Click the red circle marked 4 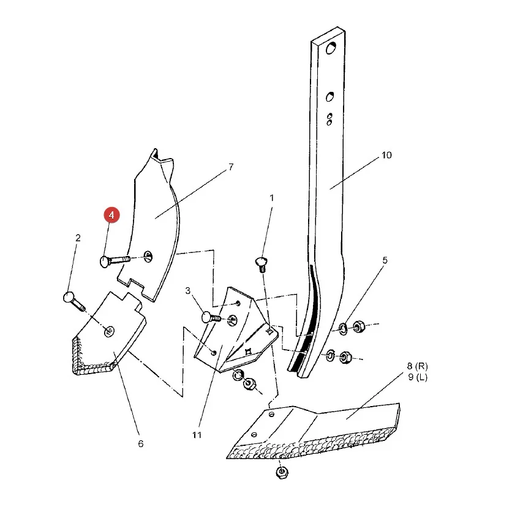point(111,215)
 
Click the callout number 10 point(386,155)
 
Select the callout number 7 point(231,167)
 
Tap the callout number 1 point(272,198)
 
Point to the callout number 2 point(78,238)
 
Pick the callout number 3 point(188,291)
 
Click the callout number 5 point(385,260)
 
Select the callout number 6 point(141,444)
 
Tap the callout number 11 point(197,435)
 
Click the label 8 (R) point(417,366)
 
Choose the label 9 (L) point(418,377)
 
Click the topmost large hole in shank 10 point(331,48)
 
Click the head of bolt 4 point(104,262)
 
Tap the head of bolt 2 point(69,297)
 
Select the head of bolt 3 point(208,317)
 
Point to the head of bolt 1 point(260,262)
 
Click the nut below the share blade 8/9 point(282,472)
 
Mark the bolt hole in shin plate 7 point(148,257)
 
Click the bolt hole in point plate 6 point(109,331)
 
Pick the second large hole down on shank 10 point(330,97)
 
